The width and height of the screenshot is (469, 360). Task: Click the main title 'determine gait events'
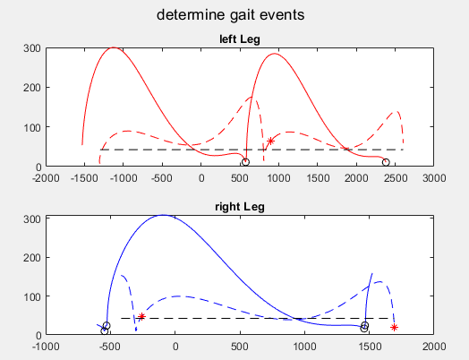click(x=231, y=15)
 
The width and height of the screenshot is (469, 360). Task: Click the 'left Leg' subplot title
click(x=240, y=39)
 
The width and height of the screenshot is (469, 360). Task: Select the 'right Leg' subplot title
click(x=240, y=207)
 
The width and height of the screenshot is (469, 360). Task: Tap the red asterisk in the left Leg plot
click(x=270, y=141)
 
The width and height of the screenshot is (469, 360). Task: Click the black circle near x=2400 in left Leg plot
click(x=386, y=162)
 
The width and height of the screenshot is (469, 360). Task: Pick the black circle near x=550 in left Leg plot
click(x=245, y=162)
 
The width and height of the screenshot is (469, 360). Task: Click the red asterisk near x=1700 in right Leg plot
click(x=394, y=328)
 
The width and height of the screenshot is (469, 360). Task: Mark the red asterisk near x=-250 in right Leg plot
click(x=141, y=316)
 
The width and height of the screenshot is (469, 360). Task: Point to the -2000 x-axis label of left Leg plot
click(x=46, y=178)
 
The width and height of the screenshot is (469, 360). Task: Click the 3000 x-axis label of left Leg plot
click(x=434, y=178)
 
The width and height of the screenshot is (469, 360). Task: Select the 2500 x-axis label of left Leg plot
click(x=395, y=178)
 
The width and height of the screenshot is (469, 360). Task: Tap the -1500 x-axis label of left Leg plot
click(x=84, y=178)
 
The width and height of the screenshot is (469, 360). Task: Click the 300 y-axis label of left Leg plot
click(x=32, y=48)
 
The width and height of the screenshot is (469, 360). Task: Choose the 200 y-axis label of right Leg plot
click(x=32, y=258)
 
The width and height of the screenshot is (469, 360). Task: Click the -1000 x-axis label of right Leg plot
click(x=46, y=347)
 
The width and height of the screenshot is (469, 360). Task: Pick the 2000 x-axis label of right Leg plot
click(x=434, y=347)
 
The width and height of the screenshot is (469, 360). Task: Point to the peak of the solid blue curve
click(x=163, y=215)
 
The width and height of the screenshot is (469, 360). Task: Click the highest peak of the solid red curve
click(x=114, y=47)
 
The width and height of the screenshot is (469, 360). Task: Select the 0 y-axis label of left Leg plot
click(x=38, y=167)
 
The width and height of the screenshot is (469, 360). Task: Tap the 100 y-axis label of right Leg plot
click(x=32, y=296)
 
